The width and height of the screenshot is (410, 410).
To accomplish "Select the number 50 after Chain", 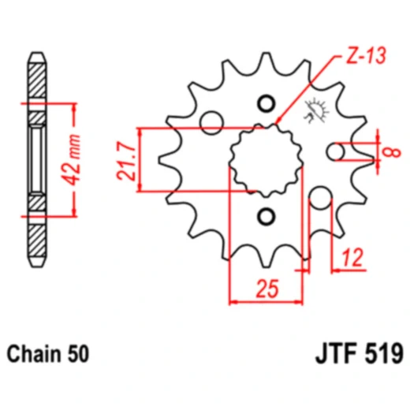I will [x=76, y=352].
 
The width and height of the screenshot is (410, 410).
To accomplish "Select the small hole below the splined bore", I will [x=266, y=215].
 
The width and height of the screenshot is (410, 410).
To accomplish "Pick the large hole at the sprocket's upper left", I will [x=211, y=121].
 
